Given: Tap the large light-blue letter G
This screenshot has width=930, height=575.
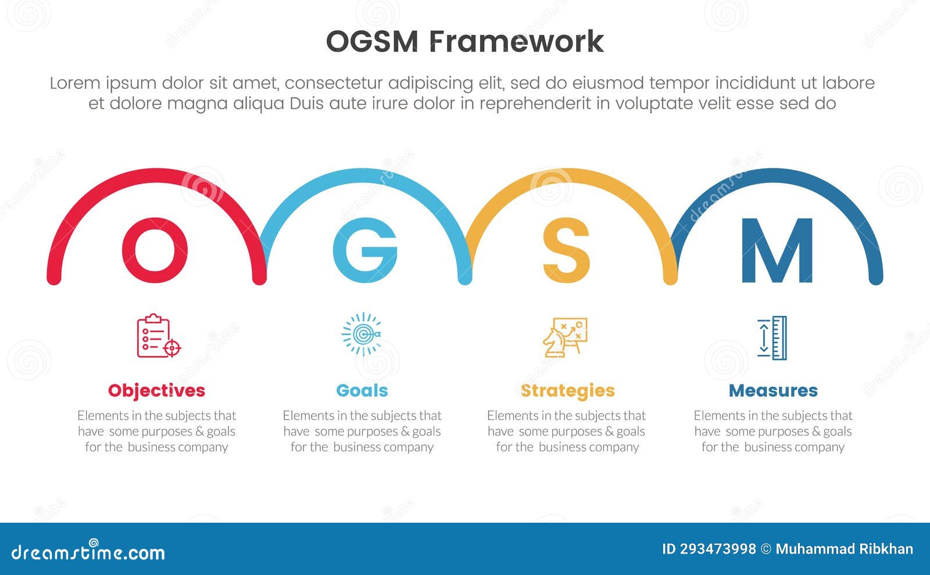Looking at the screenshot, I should pyautogui.click(x=364, y=250).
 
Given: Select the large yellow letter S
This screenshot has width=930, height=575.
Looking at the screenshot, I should pyautogui.click(x=566, y=250).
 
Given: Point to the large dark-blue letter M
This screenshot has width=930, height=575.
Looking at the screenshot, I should pyautogui.click(x=777, y=250).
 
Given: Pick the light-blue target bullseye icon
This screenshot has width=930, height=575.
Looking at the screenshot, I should pyautogui.click(x=362, y=335).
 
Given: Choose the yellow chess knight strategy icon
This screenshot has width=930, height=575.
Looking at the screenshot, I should pyautogui.click(x=565, y=337).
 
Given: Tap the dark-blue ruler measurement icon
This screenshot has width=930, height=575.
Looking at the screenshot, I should pyautogui.click(x=772, y=338).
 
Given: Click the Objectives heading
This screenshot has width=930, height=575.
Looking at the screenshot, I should pyautogui.click(x=156, y=390).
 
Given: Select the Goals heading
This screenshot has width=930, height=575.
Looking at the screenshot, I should pyautogui.click(x=362, y=390).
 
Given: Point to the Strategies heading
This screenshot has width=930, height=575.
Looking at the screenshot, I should pyautogui.click(x=567, y=390).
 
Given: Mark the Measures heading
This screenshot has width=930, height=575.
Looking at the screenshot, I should pyautogui.click(x=773, y=390).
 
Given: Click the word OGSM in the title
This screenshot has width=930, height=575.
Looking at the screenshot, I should pyautogui.click(x=372, y=42).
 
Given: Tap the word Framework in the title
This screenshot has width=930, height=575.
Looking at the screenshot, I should pyautogui.click(x=517, y=42).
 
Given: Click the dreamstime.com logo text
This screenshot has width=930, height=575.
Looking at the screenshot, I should pyautogui.click(x=88, y=552).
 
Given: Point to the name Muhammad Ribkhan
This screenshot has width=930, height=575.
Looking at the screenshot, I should pyautogui.click(x=844, y=549).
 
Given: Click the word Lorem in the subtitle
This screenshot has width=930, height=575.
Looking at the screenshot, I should pyautogui.click(x=75, y=83).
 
